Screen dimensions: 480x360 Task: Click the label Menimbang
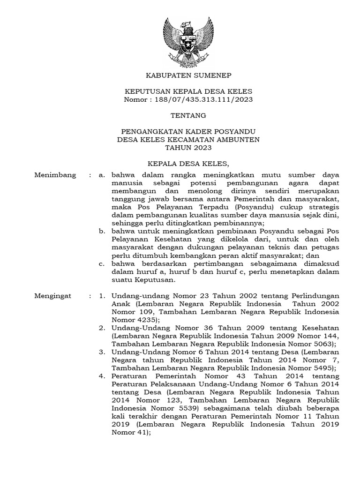[55, 175]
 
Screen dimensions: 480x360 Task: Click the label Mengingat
[52, 296]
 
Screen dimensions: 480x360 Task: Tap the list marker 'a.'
[102, 175]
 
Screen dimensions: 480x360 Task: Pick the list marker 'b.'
[102, 232]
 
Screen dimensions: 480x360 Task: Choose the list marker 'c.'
[102, 264]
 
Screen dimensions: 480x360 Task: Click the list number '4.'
[102, 377]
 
